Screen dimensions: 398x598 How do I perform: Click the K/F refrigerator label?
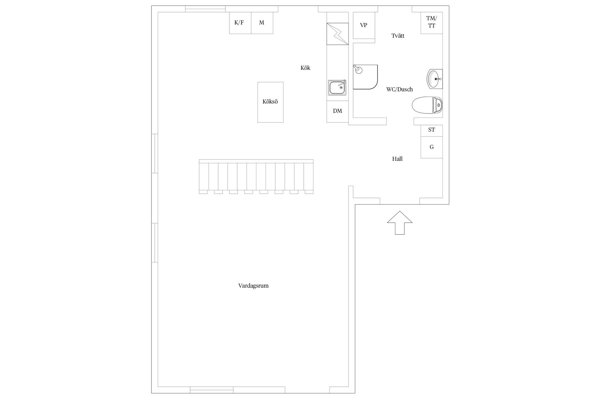239,23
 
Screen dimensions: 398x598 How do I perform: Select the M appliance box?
262,23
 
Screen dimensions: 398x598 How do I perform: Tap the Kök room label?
305,68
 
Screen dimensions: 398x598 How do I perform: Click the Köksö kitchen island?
270,102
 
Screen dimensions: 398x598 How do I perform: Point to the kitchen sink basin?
337,87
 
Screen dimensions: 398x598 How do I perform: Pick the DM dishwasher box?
337,111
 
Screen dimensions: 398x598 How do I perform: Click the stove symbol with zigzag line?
337,34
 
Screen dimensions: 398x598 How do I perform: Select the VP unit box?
364,25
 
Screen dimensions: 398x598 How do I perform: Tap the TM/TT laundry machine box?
431,22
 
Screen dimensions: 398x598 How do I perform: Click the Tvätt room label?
398,36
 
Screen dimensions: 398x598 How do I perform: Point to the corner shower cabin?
365,77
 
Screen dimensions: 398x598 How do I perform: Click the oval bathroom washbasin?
434,79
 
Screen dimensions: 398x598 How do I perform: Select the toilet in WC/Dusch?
427,105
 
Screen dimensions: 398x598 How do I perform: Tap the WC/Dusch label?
399,90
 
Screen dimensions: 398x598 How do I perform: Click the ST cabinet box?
431,130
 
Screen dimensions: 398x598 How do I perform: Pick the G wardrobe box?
431,147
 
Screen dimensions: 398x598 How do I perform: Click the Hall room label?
397,159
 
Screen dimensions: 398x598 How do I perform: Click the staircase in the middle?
256,176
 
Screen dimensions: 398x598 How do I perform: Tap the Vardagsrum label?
253,286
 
